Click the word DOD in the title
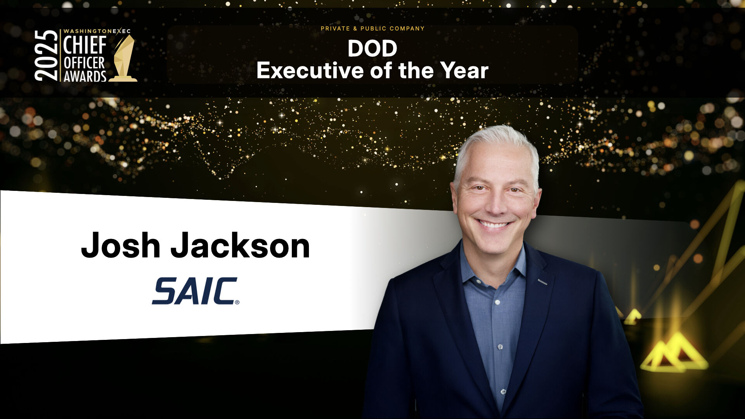pos(372,49)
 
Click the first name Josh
pos(121,245)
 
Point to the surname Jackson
pos(241,245)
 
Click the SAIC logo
pos(195,291)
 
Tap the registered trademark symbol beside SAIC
pos(237,302)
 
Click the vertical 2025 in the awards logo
pos(46,55)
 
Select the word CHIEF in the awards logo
pos(85,45)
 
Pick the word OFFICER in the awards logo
pos(84,62)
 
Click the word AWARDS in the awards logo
pos(85,76)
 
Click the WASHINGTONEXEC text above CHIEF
pos(97,31)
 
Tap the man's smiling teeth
pos(494,224)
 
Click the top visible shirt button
pos(497,302)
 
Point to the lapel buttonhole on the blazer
pos(542,282)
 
